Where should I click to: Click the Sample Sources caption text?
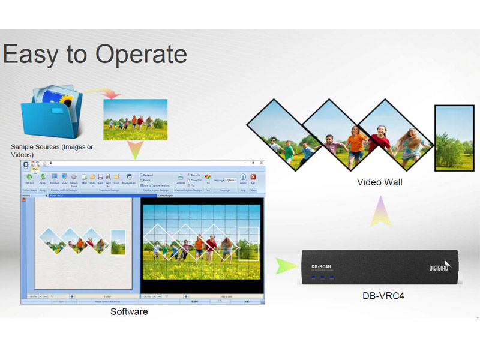52,151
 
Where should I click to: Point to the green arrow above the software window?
137,150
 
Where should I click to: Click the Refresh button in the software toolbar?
29,178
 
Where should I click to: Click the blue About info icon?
244,178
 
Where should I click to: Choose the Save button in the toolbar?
101,178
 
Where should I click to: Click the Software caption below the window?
129,312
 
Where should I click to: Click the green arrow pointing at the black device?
283,265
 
